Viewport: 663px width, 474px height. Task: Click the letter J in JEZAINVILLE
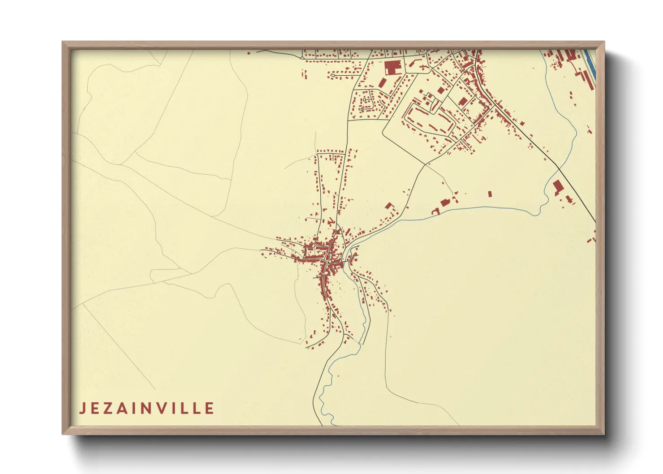82,409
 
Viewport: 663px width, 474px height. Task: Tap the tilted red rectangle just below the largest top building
383,83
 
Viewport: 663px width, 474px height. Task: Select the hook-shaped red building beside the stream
435,211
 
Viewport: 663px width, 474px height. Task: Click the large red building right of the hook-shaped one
445,202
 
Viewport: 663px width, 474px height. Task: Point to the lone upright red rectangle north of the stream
490,194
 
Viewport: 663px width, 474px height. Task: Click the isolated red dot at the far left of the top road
249,53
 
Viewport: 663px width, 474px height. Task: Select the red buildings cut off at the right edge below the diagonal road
592,237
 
